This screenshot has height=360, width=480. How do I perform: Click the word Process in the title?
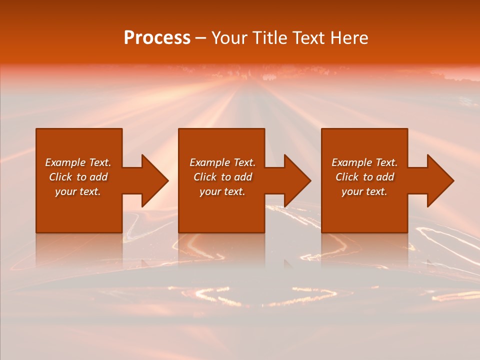(x=157, y=38)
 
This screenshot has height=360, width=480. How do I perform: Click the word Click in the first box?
(x=60, y=177)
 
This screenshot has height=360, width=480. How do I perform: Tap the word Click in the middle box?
(x=205, y=177)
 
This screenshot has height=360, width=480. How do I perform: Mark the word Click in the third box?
(x=347, y=177)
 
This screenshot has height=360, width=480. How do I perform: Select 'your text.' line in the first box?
(x=77, y=191)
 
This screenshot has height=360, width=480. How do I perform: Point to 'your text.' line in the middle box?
(x=222, y=191)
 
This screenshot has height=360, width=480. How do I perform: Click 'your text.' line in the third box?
(x=364, y=191)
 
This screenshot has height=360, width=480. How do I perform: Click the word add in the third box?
(x=385, y=177)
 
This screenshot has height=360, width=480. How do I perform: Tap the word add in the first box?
(x=98, y=177)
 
